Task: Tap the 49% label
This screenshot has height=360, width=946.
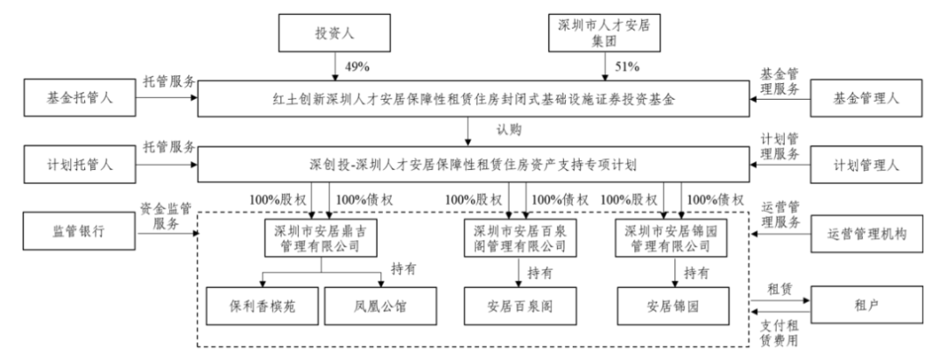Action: pos(358,67)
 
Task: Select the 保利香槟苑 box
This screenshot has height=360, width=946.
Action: pos(263,307)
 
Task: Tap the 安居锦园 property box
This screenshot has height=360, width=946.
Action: pos(673,307)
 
